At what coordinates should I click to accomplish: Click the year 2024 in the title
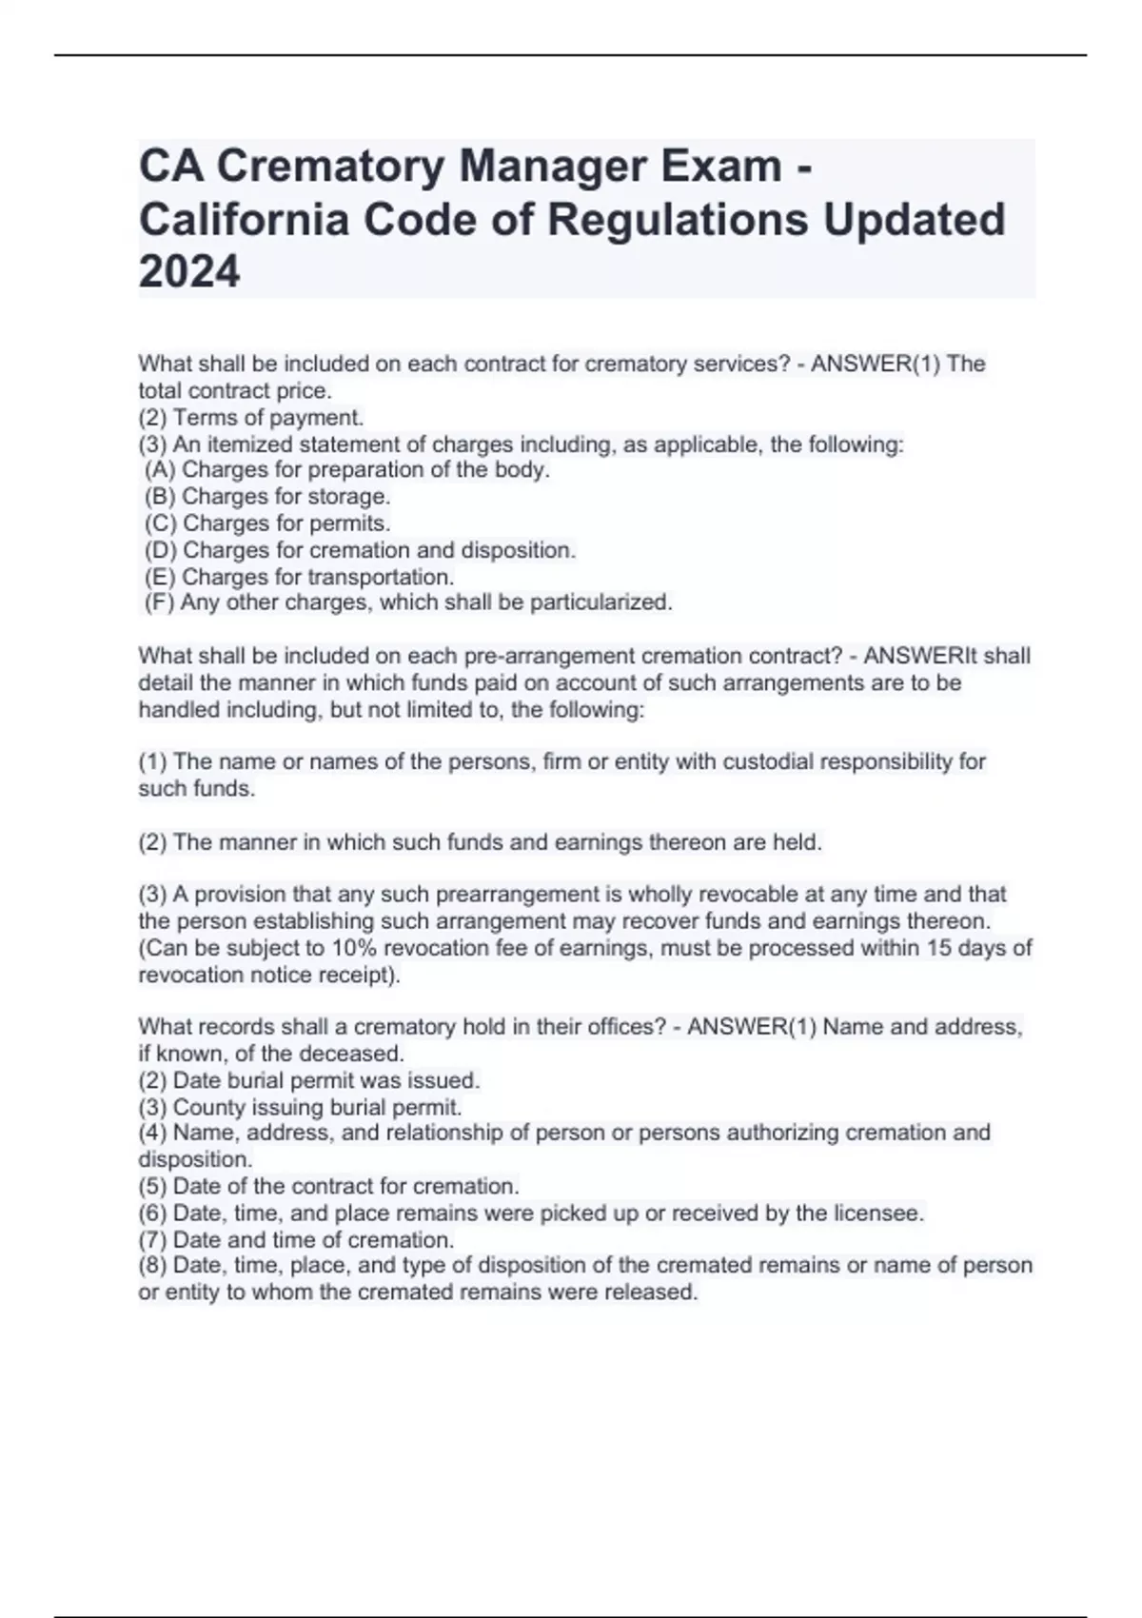[x=189, y=272]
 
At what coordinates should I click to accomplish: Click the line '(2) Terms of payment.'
[x=251, y=417]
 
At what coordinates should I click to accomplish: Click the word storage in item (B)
[x=347, y=496]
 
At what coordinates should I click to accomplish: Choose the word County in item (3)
[x=206, y=1107]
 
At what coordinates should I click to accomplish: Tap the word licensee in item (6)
[x=877, y=1213]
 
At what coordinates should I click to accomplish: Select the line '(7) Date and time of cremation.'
[x=296, y=1240]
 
